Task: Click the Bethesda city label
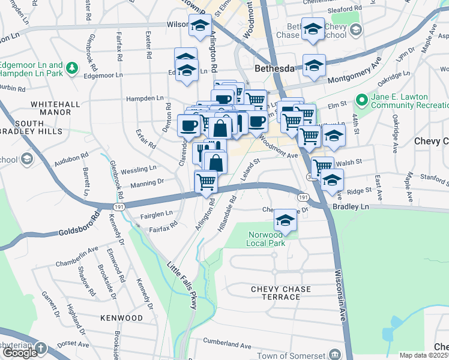[x=274, y=68]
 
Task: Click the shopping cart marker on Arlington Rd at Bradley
[x=206, y=181]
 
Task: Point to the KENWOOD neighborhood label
[x=121, y=318]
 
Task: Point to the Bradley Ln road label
[x=354, y=206]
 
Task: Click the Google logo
[x=20, y=353]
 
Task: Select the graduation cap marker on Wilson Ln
[x=199, y=26]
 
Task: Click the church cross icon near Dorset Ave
[x=40, y=348]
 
